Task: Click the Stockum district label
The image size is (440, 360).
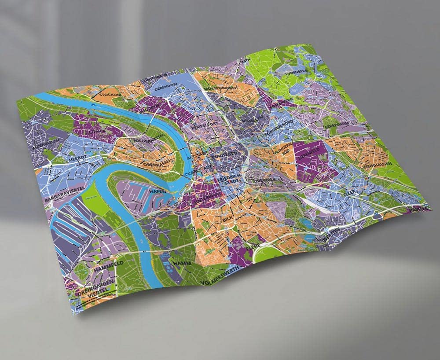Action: point(110,94)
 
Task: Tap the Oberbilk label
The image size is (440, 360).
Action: point(264,180)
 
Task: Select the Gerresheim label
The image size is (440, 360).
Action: point(337,124)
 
